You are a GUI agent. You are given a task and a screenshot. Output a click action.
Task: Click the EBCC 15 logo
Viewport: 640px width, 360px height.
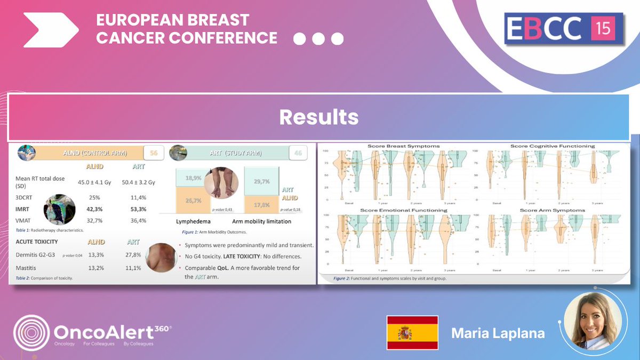564,29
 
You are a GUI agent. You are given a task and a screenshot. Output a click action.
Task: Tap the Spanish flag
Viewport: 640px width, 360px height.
412,333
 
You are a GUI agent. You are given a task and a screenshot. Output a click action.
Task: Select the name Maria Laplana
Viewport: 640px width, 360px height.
498,333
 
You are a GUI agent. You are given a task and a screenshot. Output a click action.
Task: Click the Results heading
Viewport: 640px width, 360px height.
319,117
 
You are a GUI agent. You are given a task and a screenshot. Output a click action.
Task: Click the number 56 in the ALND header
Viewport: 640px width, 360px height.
154,153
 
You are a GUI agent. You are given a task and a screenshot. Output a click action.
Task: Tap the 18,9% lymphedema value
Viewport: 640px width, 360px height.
193,178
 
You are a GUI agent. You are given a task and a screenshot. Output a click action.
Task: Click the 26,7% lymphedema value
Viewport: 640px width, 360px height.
193,201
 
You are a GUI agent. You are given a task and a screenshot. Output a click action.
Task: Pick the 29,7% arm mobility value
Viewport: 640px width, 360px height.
261,181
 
